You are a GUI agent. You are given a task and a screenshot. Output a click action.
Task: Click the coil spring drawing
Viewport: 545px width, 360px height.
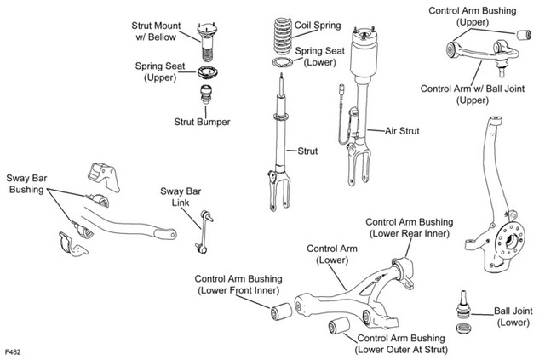(x=283, y=36)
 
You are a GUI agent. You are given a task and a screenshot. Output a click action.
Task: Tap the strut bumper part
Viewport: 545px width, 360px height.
(x=206, y=94)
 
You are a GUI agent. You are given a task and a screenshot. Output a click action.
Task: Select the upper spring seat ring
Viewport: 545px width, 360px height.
(x=208, y=72)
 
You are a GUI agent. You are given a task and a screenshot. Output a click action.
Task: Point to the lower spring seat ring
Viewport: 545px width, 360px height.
(x=283, y=62)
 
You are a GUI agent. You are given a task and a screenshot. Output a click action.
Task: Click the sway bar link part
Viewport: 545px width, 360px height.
(x=204, y=231)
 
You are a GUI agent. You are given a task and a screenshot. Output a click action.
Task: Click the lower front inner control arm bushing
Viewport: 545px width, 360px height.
(x=281, y=311)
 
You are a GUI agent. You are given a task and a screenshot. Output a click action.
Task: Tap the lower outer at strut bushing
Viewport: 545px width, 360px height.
(x=339, y=326)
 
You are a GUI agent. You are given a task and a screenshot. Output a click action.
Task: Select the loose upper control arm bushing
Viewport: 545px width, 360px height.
(x=524, y=35)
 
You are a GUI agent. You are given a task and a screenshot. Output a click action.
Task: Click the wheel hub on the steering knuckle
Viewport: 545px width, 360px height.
(x=511, y=241)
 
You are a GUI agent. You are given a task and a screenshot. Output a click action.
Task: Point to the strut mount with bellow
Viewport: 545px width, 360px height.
(x=207, y=42)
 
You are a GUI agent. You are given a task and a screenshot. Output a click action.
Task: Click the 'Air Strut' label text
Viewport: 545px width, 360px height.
(x=402, y=131)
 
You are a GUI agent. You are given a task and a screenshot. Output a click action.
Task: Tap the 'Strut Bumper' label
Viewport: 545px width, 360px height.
(x=202, y=122)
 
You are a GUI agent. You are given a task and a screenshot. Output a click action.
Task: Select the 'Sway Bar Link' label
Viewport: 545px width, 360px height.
(x=181, y=197)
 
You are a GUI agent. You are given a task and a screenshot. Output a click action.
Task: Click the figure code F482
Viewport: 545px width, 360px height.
(x=14, y=351)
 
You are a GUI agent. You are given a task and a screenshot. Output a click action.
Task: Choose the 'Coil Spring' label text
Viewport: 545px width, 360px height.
(x=318, y=25)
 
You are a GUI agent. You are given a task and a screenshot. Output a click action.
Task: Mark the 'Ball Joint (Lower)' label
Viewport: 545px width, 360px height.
(x=513, y=317)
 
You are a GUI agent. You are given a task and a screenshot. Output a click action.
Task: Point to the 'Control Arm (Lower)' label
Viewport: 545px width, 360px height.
(x=332, y=254)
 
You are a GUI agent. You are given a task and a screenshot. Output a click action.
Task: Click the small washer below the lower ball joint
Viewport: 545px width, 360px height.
(x=463, y=328)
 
